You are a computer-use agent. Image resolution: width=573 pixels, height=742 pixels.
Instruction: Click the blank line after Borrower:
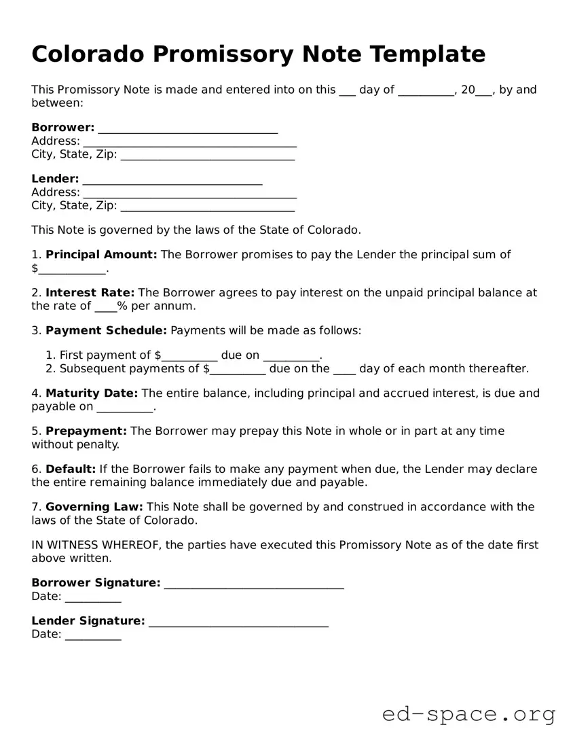tap(188, 129)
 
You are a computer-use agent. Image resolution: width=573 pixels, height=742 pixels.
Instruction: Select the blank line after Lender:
tap(172, 181)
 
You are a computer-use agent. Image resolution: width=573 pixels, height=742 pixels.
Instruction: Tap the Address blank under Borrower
tap(189, 143)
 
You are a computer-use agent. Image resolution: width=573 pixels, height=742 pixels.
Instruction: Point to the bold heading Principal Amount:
tap(101, 255)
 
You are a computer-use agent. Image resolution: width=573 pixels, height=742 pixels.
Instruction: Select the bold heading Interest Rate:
tap(90, 293)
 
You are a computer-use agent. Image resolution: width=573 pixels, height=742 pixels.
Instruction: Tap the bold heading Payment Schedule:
tap(106, 331)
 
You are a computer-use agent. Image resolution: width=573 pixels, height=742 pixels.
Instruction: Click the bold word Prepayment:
tap(86, 431)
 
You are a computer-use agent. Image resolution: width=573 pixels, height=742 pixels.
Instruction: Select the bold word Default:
tap(71, 470)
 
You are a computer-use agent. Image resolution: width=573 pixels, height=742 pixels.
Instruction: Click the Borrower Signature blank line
tap(254, 584)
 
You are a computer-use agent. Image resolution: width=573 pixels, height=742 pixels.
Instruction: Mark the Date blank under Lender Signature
tap(93, 636)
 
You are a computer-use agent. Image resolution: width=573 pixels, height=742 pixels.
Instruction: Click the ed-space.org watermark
tap(468, 714)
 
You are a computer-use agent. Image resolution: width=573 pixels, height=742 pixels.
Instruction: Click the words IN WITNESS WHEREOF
tap(96, 545)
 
